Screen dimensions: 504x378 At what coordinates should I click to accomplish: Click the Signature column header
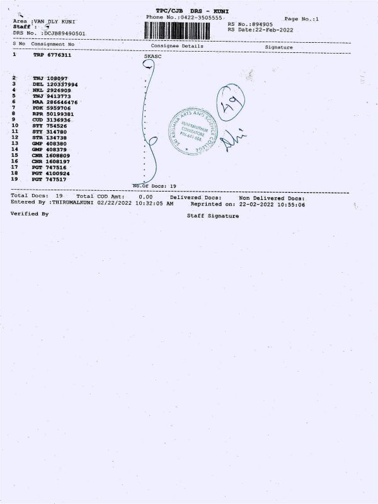click(278, 47)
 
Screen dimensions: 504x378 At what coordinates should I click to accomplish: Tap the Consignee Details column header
click(177, 46)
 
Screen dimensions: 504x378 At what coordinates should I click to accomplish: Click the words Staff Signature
click(213, 215)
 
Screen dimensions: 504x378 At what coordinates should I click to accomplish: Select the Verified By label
click(30, 214)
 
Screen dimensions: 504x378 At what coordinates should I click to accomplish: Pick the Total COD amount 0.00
click(146, 197)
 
